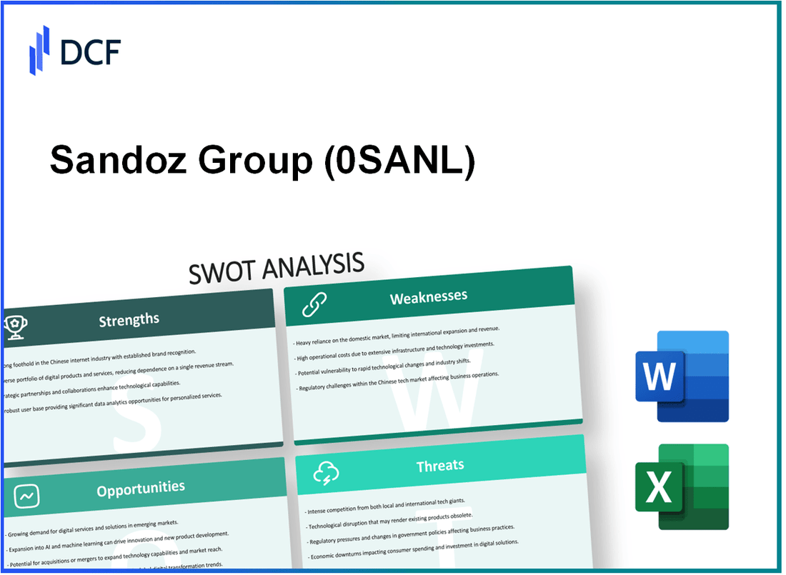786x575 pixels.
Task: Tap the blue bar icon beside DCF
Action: pos(40,50)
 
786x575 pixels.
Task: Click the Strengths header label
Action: pos(129,319)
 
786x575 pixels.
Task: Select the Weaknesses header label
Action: pos(428,296)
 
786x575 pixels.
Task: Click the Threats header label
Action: pos(440,466)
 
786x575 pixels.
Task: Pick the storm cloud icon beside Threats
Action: pos(326,473)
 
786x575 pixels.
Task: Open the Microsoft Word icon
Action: pos(682,376)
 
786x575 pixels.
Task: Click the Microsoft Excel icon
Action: pos(682,487)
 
